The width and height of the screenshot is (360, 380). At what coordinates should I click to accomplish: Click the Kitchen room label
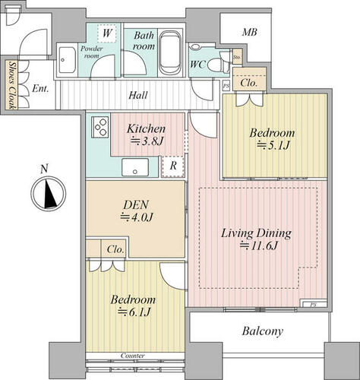(x=146, y=128)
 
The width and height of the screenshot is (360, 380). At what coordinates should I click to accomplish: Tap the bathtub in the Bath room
(x=170, y=52)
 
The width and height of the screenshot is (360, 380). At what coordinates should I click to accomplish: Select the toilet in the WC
(x=216, y=65)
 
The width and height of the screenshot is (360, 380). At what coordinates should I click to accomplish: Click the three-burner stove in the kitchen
(x=100, y=127)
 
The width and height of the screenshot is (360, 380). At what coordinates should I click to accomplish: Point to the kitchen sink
(x=135, y=167)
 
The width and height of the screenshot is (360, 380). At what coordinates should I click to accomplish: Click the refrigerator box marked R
(x=172, y=166)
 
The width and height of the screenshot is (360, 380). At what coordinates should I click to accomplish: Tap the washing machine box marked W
(x=107, y=33)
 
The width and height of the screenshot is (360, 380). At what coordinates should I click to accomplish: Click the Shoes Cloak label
(x=11, y=85)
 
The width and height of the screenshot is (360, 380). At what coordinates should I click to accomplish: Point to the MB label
(x=249, y=32)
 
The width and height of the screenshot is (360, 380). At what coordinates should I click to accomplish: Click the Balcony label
(x=262, y=331)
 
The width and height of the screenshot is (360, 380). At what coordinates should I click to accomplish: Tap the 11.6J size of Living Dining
(x=259, y=245)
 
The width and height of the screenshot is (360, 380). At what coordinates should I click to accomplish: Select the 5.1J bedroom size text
(x=273, y=145)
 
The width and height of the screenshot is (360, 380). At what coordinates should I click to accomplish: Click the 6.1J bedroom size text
(x=134, y=312)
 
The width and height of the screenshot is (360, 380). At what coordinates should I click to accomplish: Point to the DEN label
(x=136, y=204)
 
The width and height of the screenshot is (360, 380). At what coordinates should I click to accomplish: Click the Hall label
(x=138, y=95)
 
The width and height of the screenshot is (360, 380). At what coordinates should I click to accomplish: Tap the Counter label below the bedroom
(x=133, y=356)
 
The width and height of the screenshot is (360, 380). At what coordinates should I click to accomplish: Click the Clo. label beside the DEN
(x=115, y=249)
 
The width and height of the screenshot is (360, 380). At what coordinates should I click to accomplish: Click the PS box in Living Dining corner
(x=314, y=304)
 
